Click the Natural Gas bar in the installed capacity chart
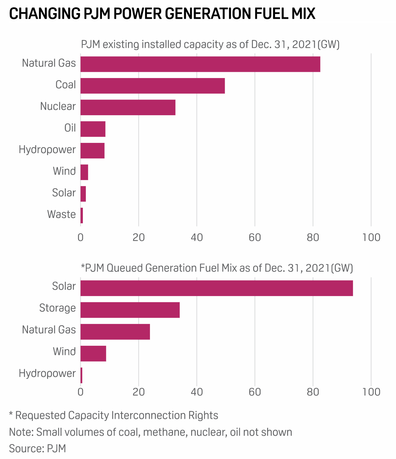coord(200,64)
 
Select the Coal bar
coord(153,86)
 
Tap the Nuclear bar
coord(128,107)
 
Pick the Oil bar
coord(93,129)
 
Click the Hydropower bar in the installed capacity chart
coord(92,150)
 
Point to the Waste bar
coord(82,216)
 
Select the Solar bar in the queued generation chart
coord(216,288)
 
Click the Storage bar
coord(130,310)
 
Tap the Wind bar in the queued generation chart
coord(93,353)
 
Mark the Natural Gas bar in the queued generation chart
coord(115,332)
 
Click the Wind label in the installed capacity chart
coord(64,171)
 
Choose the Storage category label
coord(57,308)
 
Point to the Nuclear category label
coord(58,106)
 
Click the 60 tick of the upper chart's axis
coord(255,237)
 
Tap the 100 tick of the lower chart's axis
coord(372,392)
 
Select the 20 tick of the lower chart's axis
coord(138,392)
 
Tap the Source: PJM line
coord(37,448)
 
